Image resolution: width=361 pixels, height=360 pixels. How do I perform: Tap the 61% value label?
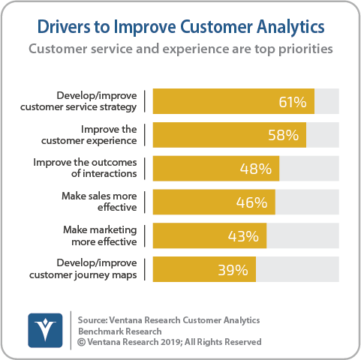293,100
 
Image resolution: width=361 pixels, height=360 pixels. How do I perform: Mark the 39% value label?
234,270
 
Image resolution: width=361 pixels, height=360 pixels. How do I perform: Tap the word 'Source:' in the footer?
95,319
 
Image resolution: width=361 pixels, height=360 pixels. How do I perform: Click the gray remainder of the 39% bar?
297,270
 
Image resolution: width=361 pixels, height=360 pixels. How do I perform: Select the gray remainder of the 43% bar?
302,236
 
